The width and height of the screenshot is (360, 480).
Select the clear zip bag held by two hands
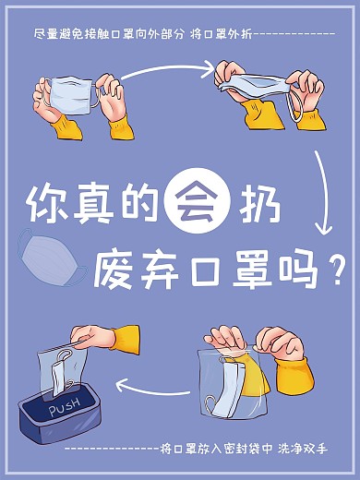pos(231,378)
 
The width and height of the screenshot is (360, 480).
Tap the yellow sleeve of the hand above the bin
pos(125,338)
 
